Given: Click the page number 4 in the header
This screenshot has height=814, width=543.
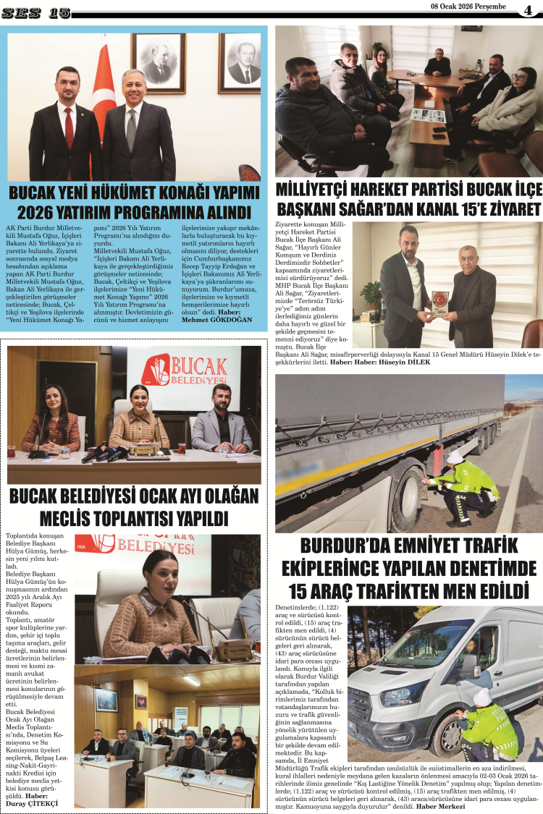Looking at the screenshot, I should point(527,10).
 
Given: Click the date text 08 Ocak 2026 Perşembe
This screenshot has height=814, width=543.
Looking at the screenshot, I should point(467,7).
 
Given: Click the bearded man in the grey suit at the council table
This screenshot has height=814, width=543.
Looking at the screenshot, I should point(222,423).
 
